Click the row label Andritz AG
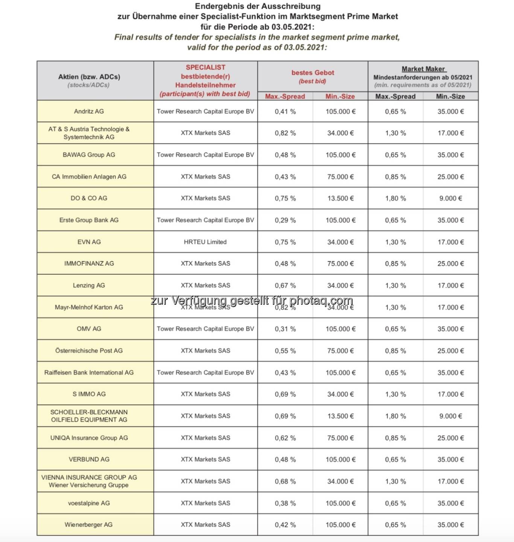click(89, 111)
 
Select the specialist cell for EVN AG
click(205, 242)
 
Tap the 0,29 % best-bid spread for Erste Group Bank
click(285, 220)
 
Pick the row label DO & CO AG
click(89, 198)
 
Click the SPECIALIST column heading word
click(205, 67)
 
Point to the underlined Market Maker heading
click(423, 69)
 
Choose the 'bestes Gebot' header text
click(313, 73)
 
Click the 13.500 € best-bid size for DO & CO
click(341, 198)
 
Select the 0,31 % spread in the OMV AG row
click(285, 329)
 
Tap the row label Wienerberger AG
click(88, 525)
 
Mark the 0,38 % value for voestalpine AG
click(285, 503)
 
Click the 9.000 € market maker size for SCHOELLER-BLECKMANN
click(450, 416)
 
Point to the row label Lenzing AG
click(89, 285)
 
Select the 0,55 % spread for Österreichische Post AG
click(285, 351)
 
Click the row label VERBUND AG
click(89, 459)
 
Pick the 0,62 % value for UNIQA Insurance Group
click(285, 438)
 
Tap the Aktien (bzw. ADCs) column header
click(89, 77)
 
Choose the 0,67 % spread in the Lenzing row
click(285, 286)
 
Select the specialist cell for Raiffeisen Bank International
click(205, 373)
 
